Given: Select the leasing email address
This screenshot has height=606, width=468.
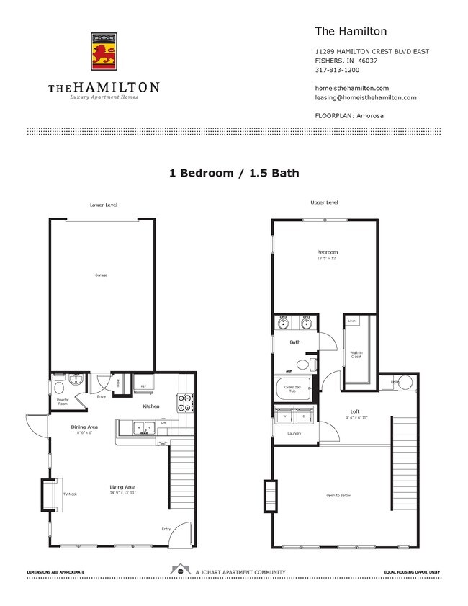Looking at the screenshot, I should click(366, 97).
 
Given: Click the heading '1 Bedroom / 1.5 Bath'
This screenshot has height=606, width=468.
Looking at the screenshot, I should click(233, 173).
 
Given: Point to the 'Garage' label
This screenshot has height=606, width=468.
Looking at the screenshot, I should click(102, 275).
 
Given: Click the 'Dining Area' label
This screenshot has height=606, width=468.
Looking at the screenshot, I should click(84, 427).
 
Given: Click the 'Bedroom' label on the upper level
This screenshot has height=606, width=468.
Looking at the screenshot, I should click(327, 252).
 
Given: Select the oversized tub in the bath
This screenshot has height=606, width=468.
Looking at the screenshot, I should click(292, 390).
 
